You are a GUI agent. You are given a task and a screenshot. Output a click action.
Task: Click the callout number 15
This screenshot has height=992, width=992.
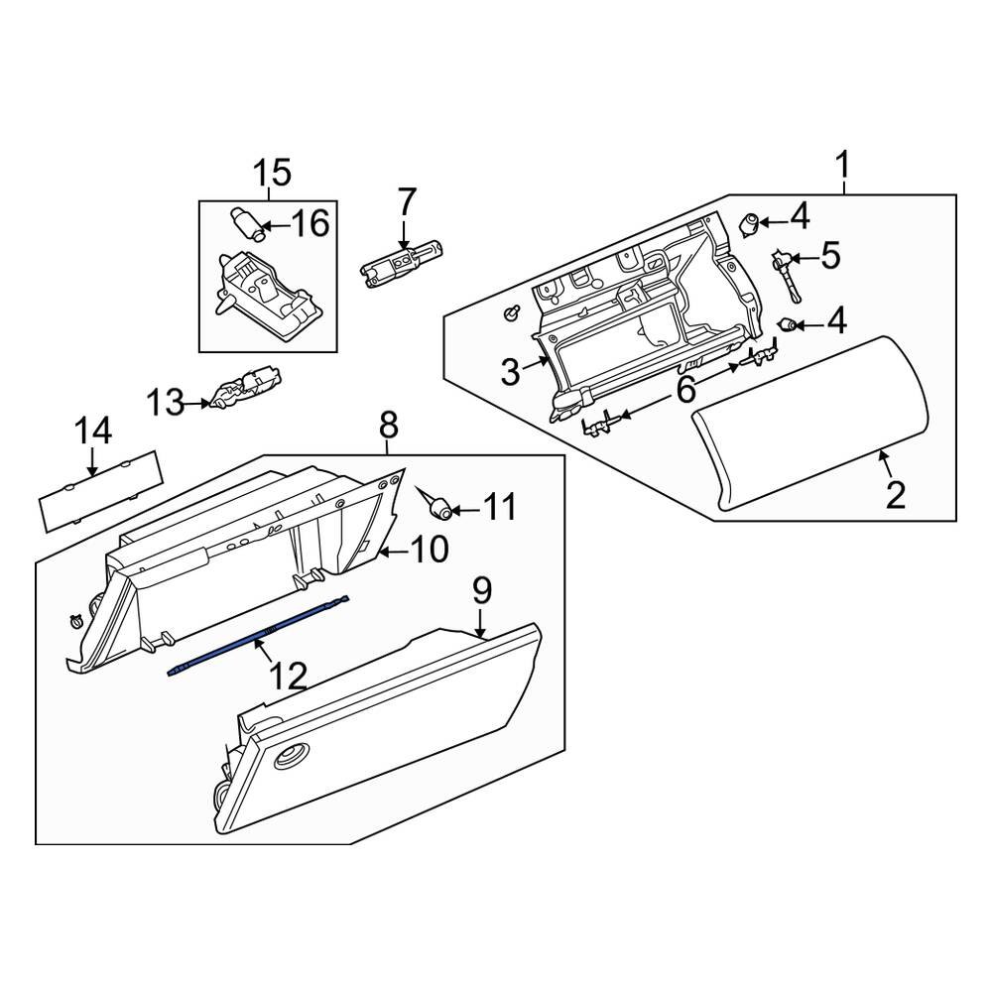pyautogui.click(x=271, y=174)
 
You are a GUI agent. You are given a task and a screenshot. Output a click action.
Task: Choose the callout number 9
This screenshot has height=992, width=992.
pyautogui.click(x=481, y=592)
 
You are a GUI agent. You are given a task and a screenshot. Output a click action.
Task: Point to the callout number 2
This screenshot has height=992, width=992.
pyautogui.click(x=895, y=493)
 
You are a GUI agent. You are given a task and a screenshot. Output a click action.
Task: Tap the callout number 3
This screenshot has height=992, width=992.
pyautogui.click(x=510, y=373)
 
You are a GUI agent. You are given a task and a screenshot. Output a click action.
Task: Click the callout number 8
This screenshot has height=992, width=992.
pyautogui.click(x=388, y=426)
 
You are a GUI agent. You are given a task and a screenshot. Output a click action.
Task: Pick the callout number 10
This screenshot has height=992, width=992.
pyautogui.click(x=430, y=549)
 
